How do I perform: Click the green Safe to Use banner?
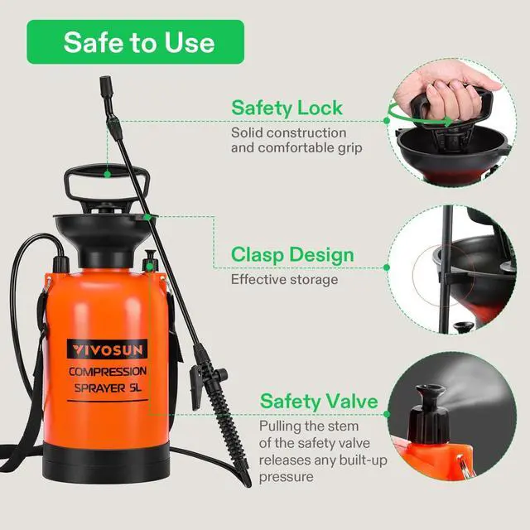(x=136, y=42)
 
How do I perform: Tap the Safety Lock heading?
(x=287, y=108)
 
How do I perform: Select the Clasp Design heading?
(x=292, y=254)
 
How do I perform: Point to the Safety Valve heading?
(x=319, y=402)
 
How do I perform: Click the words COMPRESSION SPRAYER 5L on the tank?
(x=107, y=382)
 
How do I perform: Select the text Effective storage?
(x=284, y=280)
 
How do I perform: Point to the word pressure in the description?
(x=286, y=477)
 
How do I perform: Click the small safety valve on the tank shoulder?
(x=150, y=260)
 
